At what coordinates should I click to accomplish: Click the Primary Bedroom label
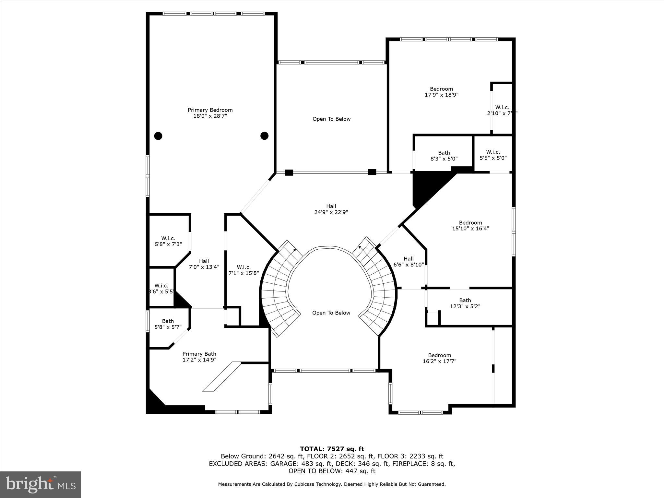tap(210, 110)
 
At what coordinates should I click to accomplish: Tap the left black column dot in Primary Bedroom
tap(158, 136)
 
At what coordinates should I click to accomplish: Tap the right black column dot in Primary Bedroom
tap(265, 136)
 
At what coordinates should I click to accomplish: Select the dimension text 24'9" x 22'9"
tap(331, 212)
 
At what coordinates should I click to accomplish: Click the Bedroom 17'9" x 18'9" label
tap(441, 92)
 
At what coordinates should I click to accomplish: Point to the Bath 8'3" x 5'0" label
tap(444, 156)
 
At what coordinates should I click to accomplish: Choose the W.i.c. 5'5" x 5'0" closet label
tap(493, 155)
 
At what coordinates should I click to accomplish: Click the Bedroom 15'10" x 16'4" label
tap(470, 225)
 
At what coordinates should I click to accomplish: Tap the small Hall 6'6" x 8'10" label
tap(409, 262)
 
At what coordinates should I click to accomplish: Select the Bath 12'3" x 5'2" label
tap(465, 303)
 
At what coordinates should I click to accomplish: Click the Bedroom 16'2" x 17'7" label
tap(439, 358)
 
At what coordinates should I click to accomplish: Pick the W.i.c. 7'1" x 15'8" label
tap(243, 270)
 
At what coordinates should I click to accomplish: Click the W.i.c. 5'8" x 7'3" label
tap(168, 241)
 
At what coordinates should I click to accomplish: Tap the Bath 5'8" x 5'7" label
tap(168, 324)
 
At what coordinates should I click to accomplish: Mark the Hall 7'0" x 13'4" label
tap(204, 264)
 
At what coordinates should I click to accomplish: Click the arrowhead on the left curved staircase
tap(294, 250)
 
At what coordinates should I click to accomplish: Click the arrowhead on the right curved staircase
tap(359, 247)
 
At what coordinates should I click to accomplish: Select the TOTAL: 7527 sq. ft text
tap(332, 449)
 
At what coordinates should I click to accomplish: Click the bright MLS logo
tap(41, 485)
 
